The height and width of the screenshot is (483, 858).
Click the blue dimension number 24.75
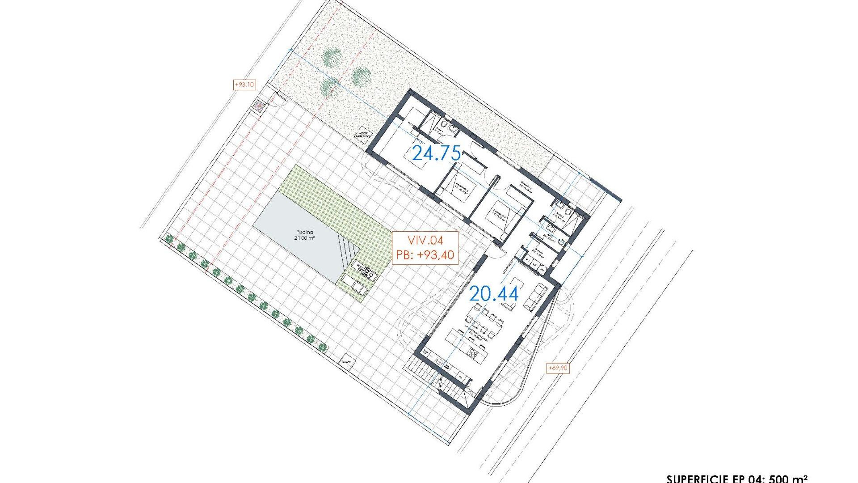[x=436, y=153]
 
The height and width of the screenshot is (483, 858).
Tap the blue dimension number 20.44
[x=494, y=294]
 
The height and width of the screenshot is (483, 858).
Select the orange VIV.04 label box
[x=425, y=248]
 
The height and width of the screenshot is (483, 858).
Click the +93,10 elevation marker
[x=244, y=84]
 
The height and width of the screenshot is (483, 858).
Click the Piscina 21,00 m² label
[x=305, y=235]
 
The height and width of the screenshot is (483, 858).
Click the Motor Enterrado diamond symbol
[x=363, y=133]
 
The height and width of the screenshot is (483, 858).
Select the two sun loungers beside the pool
[x=354, y=286]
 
